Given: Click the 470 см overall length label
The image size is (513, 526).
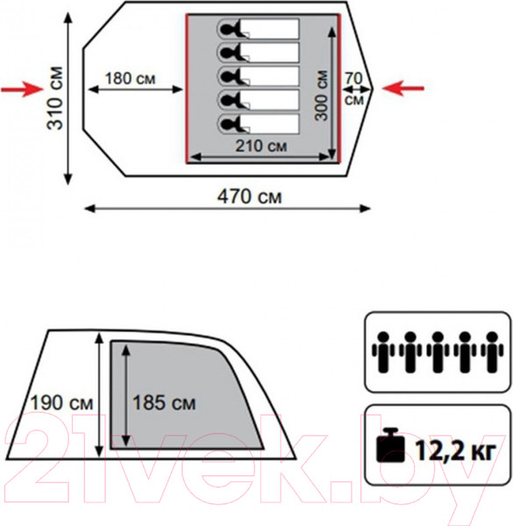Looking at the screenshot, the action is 250,196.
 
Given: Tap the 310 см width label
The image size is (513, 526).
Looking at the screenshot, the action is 55,98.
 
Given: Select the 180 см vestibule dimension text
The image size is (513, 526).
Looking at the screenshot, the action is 130,79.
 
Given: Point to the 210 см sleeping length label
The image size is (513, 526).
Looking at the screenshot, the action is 261,146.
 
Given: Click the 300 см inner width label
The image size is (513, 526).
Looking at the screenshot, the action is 321,96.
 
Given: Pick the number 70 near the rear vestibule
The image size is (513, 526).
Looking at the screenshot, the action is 354,79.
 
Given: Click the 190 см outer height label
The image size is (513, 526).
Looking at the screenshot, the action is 61,403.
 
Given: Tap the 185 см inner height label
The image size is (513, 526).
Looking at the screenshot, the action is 164,403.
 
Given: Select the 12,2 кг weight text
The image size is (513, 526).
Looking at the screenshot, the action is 455,451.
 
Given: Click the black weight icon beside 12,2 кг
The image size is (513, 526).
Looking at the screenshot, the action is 390,445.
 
